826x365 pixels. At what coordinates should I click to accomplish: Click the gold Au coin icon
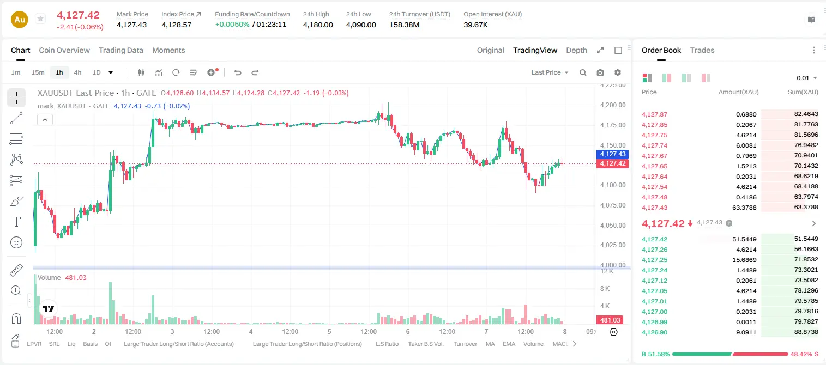click(20, 20)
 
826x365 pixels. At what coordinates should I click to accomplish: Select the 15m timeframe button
click(38, 72)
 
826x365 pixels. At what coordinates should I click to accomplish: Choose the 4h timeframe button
click(77, 72)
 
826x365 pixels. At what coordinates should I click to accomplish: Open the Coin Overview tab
click(64, 51)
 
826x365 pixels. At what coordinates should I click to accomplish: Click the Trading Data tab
click(120, 51)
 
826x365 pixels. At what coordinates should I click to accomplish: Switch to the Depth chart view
click(576, 51)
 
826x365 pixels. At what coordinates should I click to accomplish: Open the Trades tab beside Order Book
click(702, 51)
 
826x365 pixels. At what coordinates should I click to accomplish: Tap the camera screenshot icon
click(600, 72)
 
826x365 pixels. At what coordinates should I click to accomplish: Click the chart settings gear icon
click(618, 72)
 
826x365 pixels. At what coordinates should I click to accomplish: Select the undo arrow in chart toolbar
click(238, 72)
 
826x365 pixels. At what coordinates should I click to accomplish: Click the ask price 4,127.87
click(654, 114)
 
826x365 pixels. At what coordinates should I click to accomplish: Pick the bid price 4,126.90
click(654, 332)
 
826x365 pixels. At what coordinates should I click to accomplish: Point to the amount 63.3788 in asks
click(744, 208)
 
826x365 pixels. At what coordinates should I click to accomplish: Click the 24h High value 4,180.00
click(318, 25)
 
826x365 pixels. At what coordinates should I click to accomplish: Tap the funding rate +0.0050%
click(232, 25)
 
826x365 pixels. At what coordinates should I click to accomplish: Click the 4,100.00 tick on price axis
click(613, 185)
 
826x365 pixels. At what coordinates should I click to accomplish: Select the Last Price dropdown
click(550, 72)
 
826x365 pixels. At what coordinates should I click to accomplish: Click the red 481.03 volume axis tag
click(610, 320)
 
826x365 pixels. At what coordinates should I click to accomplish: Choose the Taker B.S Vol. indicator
click(425, 344)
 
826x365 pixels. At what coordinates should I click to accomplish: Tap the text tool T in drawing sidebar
click(16, 222)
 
